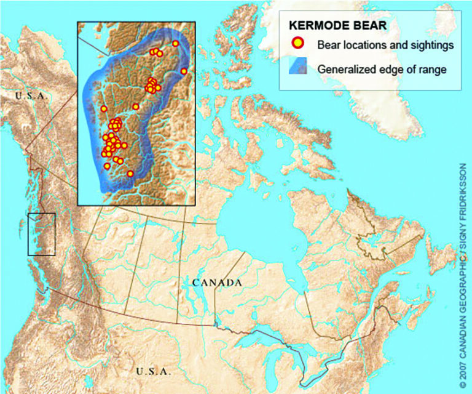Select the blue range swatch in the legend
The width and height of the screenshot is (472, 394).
(x=298, y=68)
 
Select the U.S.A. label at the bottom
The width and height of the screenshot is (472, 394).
(x=155, y=371)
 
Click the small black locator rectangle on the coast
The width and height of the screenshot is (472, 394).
(x=42, y=234)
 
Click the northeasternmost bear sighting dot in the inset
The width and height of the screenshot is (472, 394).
(x=176, y=43)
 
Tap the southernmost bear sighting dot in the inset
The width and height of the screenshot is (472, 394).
(x=130, y=174)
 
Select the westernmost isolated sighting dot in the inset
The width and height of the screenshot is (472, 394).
(x=104, y=108)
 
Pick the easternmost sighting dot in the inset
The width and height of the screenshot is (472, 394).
(x=184, y=71)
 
